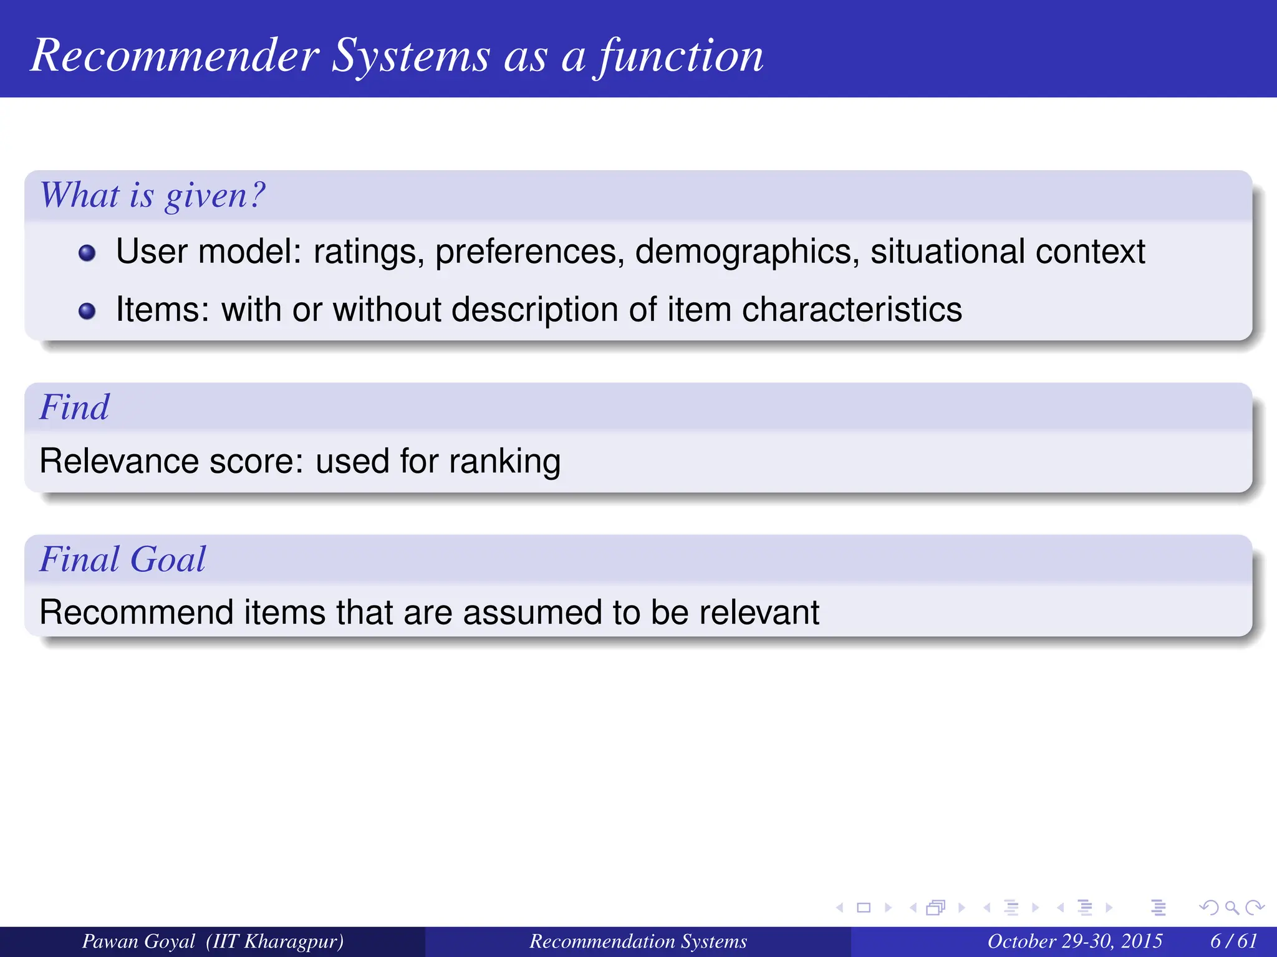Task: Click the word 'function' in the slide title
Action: coord(680,56)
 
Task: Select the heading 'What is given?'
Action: coord(153,195)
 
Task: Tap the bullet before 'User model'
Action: coord(87,253)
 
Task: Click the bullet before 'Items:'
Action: coord(87,311)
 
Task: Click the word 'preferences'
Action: coord(529,252)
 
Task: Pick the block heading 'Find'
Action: coord(74,407)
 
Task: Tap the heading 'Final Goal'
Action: coord(122,559)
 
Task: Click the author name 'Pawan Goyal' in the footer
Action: coord(138,941)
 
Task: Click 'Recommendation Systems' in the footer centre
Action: coord(638,941)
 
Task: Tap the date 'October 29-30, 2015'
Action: coord(1074,941)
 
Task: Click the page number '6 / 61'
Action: coord(1233,941)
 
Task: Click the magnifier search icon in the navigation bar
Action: coord(1231,908)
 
